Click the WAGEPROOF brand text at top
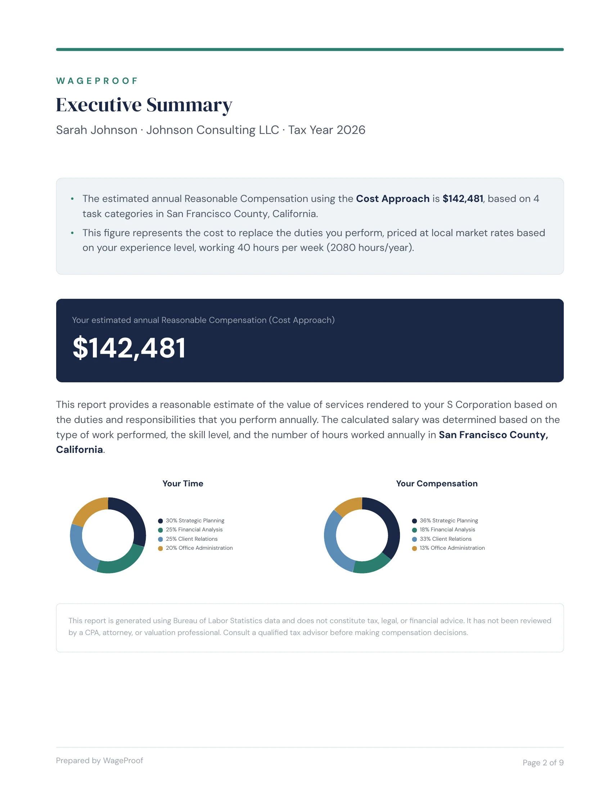(x=97, y=81)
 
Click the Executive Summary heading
(x=144, y=105)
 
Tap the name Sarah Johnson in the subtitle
(x=96, y=130)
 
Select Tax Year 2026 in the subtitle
(x=326, y=130)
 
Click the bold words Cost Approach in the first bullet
(x=392, y=199)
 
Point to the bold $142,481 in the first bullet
(x=463, y=199)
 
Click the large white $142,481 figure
(x=130, y=348)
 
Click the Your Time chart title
(x=183, y=483)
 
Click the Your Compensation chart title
(x=437, y=483)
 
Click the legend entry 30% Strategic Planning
(x=195, y=521)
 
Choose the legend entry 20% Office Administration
(x=199, y=548)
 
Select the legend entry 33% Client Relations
(x=445, y=539)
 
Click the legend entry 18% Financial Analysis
(x=447, y=530)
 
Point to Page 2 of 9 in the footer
(x=543, y=762)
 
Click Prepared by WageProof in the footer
(x=100, y=760)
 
